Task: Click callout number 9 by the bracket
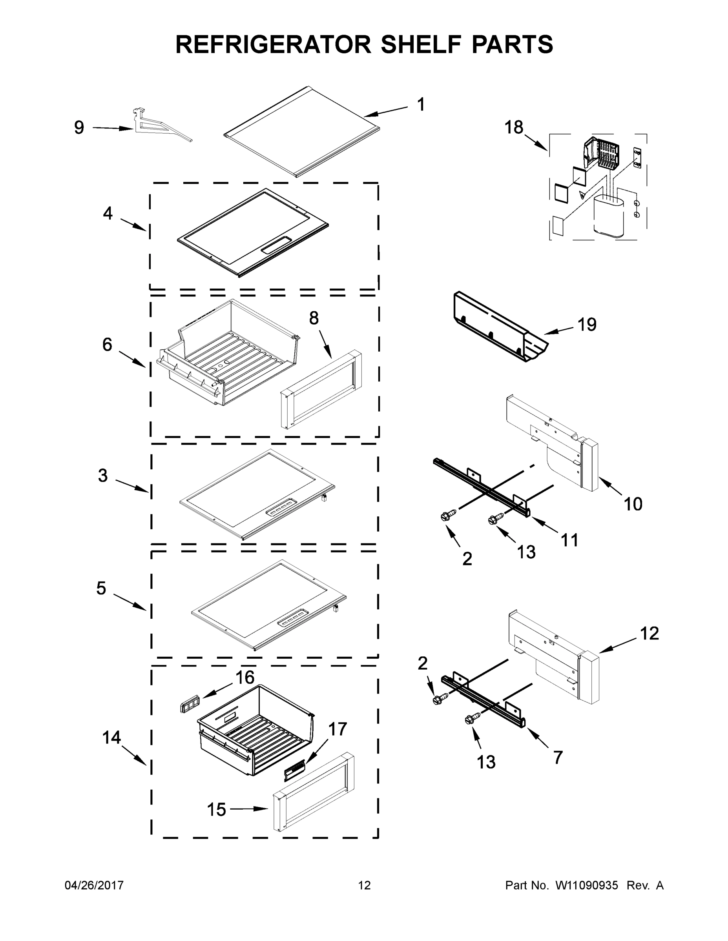[x=79, y=127]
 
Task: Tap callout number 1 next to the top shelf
[x=420, y=104]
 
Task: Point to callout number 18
[x=514, y=127]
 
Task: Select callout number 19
[x=587, y=324]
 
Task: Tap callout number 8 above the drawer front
[x=314, y=318]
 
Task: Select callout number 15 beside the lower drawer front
[x=216, y=810]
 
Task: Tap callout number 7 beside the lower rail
[x=558, y=757]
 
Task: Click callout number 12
[x=649, y=633]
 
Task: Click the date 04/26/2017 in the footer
[x=94, y=885]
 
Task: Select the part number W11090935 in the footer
[x=587, y=885]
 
